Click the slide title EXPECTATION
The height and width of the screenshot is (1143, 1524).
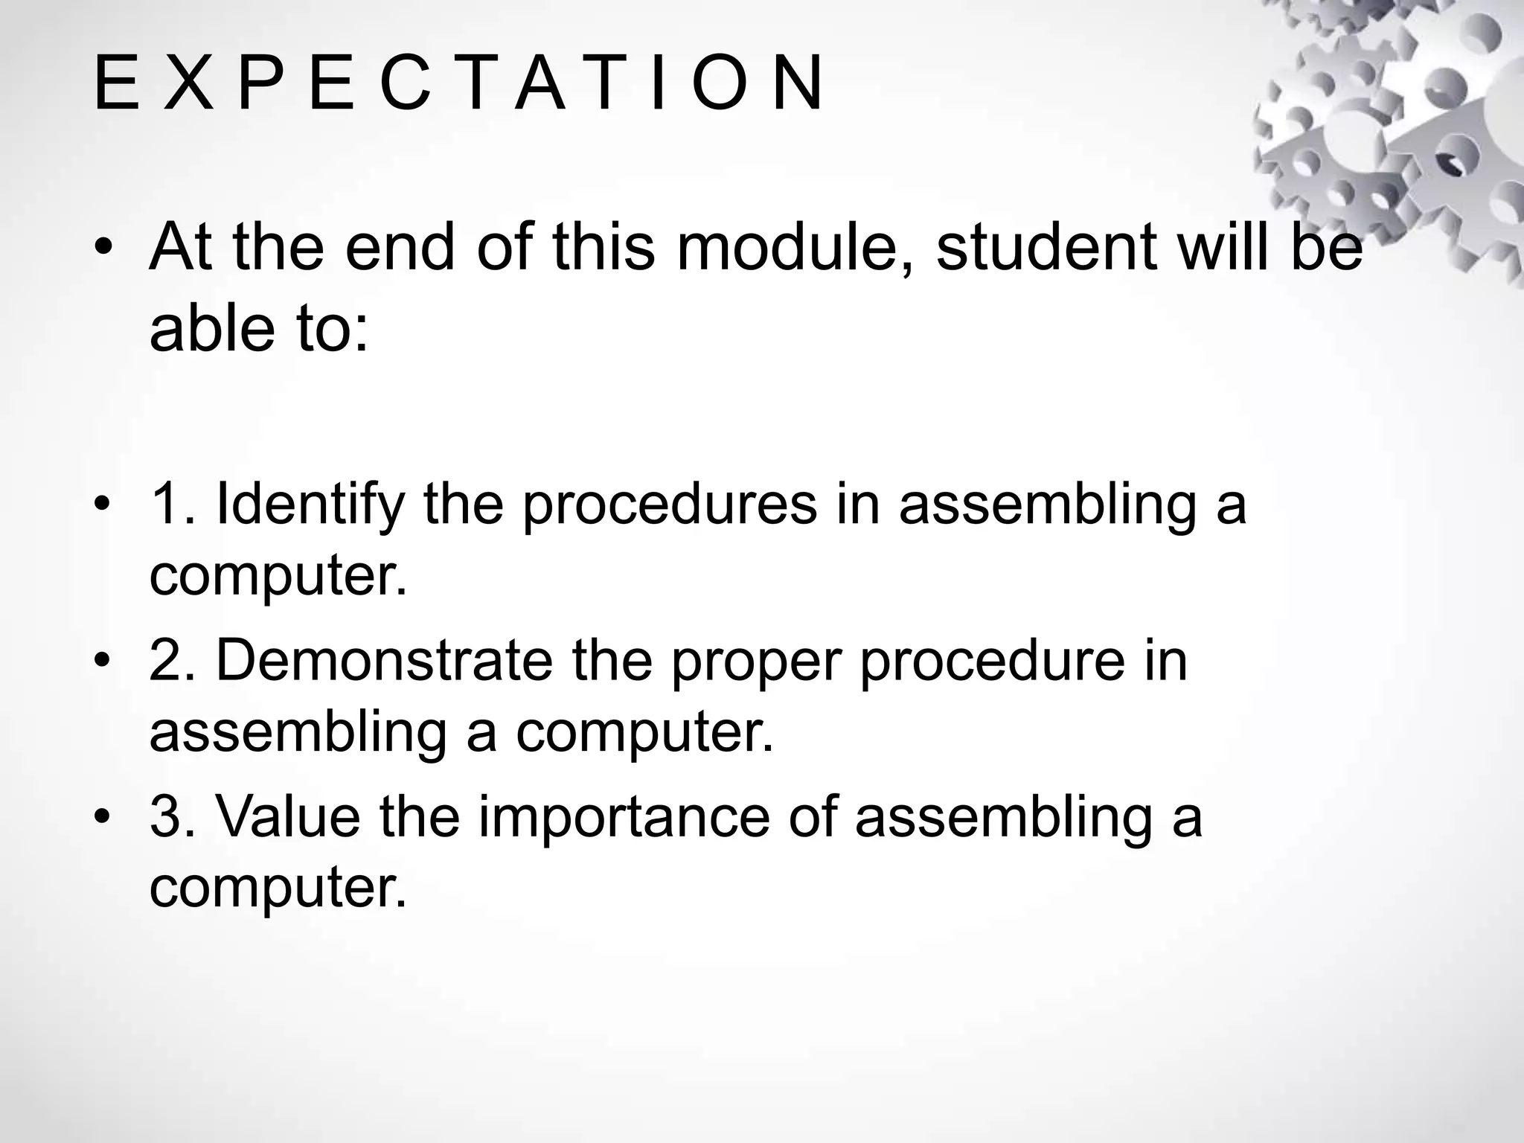(458, 83)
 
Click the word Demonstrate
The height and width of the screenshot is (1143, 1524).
(384, 661)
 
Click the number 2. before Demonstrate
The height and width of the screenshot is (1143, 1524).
(173, 661)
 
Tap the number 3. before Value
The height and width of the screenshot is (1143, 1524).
(173, 817)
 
